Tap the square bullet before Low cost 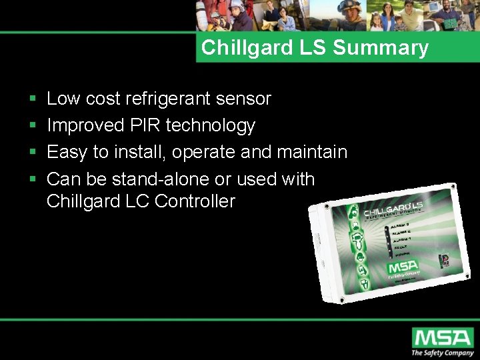[33, 99]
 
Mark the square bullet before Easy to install [33, 153]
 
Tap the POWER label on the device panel [400, 254]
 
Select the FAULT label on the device [401, 246]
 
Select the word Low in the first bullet [63, 99]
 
